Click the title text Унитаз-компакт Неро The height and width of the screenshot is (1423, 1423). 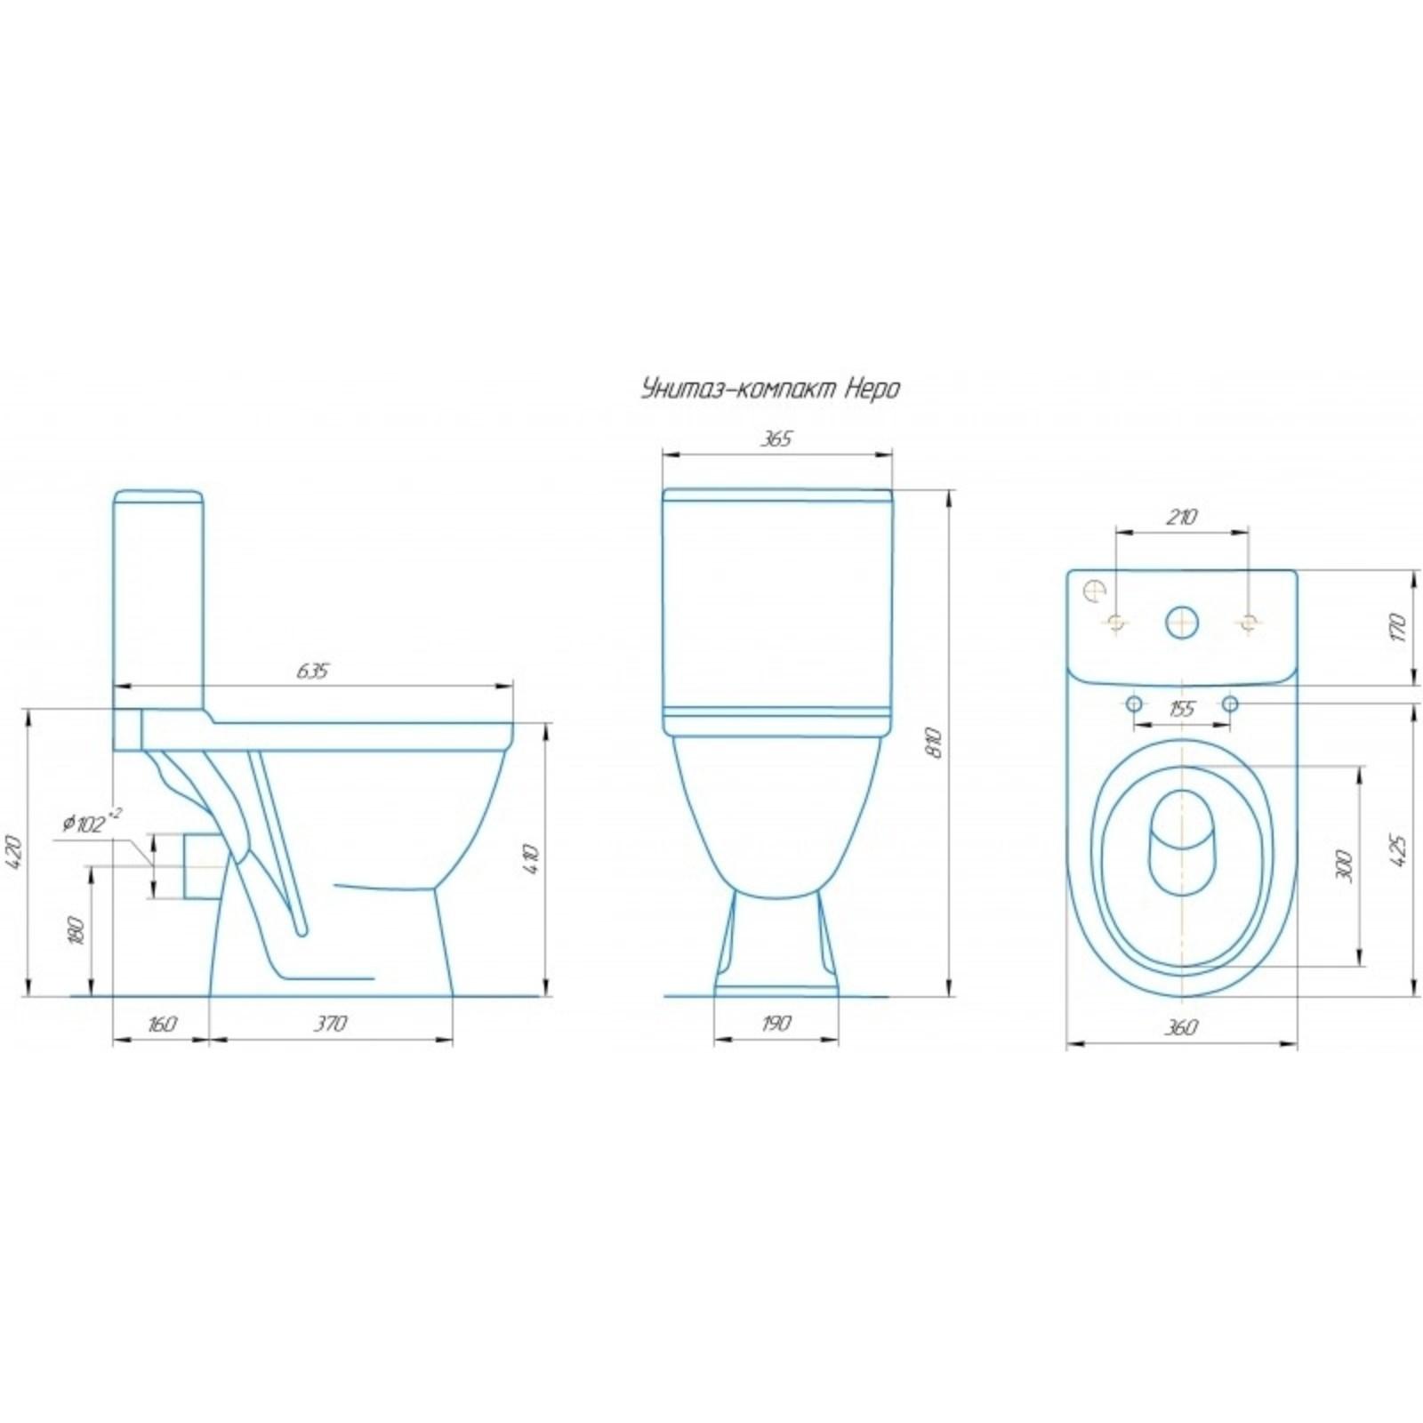[770, 390]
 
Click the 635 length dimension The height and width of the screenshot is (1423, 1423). [312, 671]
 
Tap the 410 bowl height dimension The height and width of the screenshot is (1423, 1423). [532, 857]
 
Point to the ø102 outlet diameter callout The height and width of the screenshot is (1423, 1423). [92, 823]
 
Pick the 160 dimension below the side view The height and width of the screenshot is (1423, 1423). [161, 1024]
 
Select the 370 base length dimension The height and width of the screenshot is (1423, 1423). [330, 1024]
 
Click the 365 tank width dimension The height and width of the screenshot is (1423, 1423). [776, 438]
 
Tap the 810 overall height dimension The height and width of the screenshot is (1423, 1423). [933, 744]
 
